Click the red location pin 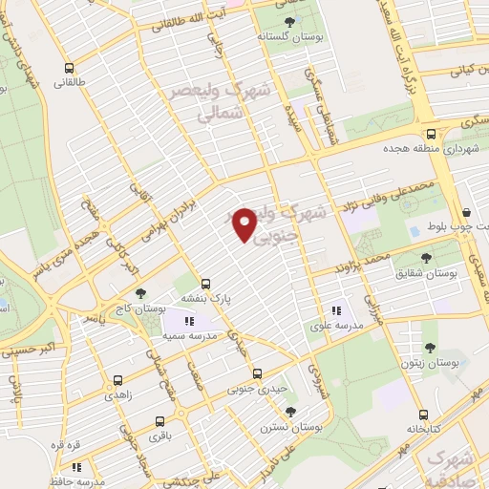(245, 224)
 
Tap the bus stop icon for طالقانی (68, 69)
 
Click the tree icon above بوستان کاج (140, 293)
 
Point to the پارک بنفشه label (209, 297)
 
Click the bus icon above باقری (158, 421)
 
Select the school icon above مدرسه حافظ (75, 468)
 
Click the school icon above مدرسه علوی (335, 310)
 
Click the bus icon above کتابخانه (423, 415)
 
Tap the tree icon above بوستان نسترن (291, 411)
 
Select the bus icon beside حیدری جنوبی (256, 373)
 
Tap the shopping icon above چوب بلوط (466, 212)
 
